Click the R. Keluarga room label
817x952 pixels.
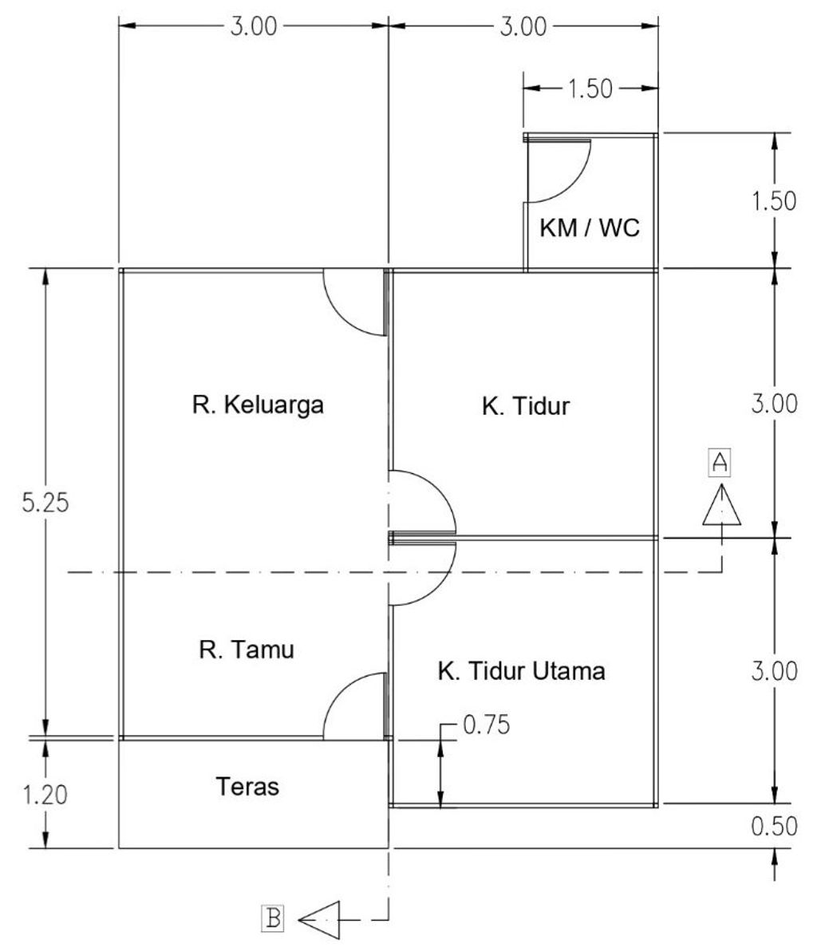(258, 405)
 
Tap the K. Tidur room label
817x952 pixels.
(526, 406)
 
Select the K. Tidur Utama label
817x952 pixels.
(521, 671)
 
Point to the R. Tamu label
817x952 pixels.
(247, 650)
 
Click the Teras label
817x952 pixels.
(248, 787)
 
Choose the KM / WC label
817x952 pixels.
(590, 229)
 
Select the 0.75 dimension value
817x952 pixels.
(485, 725)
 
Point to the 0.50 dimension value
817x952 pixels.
(774, 826)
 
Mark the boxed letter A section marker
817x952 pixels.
(720, 460)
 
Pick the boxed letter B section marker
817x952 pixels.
(273, 918)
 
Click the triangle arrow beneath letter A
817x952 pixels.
(721, 507)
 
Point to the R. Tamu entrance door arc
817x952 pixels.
(353, 705)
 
